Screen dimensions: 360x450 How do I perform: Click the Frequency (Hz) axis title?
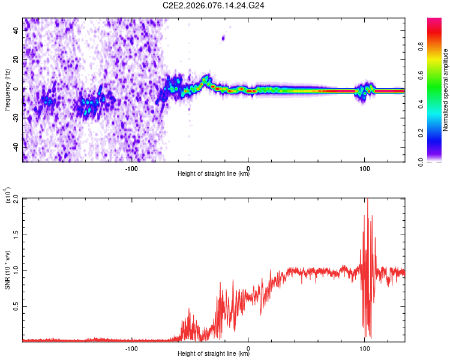pyautogui.click(x=7, y=90)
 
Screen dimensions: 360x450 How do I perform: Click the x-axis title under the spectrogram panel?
pyautogui.click(x=214, y=174)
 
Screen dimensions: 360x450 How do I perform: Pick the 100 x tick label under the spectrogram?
pyautogui.click(x=364, y=168)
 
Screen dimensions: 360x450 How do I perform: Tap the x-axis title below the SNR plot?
pyautogui.click(x=214, y=353)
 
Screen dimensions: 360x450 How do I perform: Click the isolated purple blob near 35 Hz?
pyautogui.click(x=223, y=38)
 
